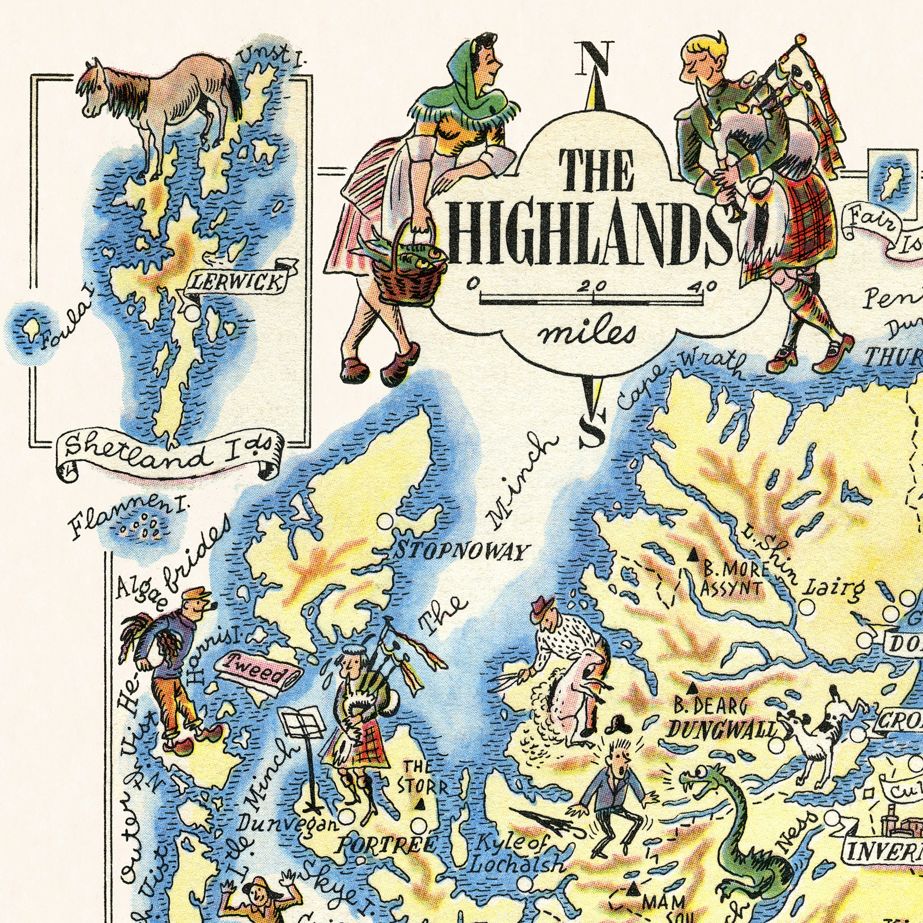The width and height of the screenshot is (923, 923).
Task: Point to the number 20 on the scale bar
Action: click(592, 286)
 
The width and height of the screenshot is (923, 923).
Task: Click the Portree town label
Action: click(384, 846)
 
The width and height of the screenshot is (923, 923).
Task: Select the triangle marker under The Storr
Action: click(420, 804)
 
